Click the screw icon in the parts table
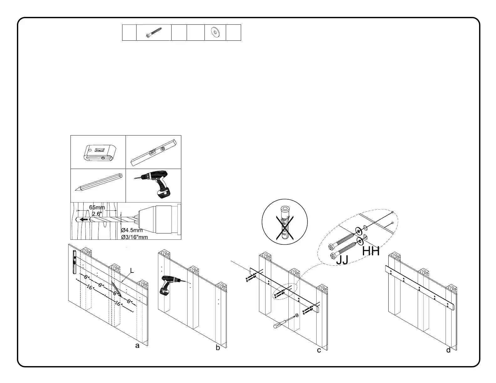click(x=154, y=33)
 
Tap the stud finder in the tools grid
click(x=98, y=153)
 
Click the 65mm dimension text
click(x=97, y=207)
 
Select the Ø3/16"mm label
click(x=134, y=237)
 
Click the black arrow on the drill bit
click(x=84, y=219)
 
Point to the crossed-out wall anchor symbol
click(x=285, y=222)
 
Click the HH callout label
click(x=371, y=251)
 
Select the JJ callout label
click(x=342, y=260)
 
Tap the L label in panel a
click(x=132, y=271)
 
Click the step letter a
click(x=137, y=346)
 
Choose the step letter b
click(x=218, y=348)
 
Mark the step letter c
click(x=319, y=350)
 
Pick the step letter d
click(x=448, y=350)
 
